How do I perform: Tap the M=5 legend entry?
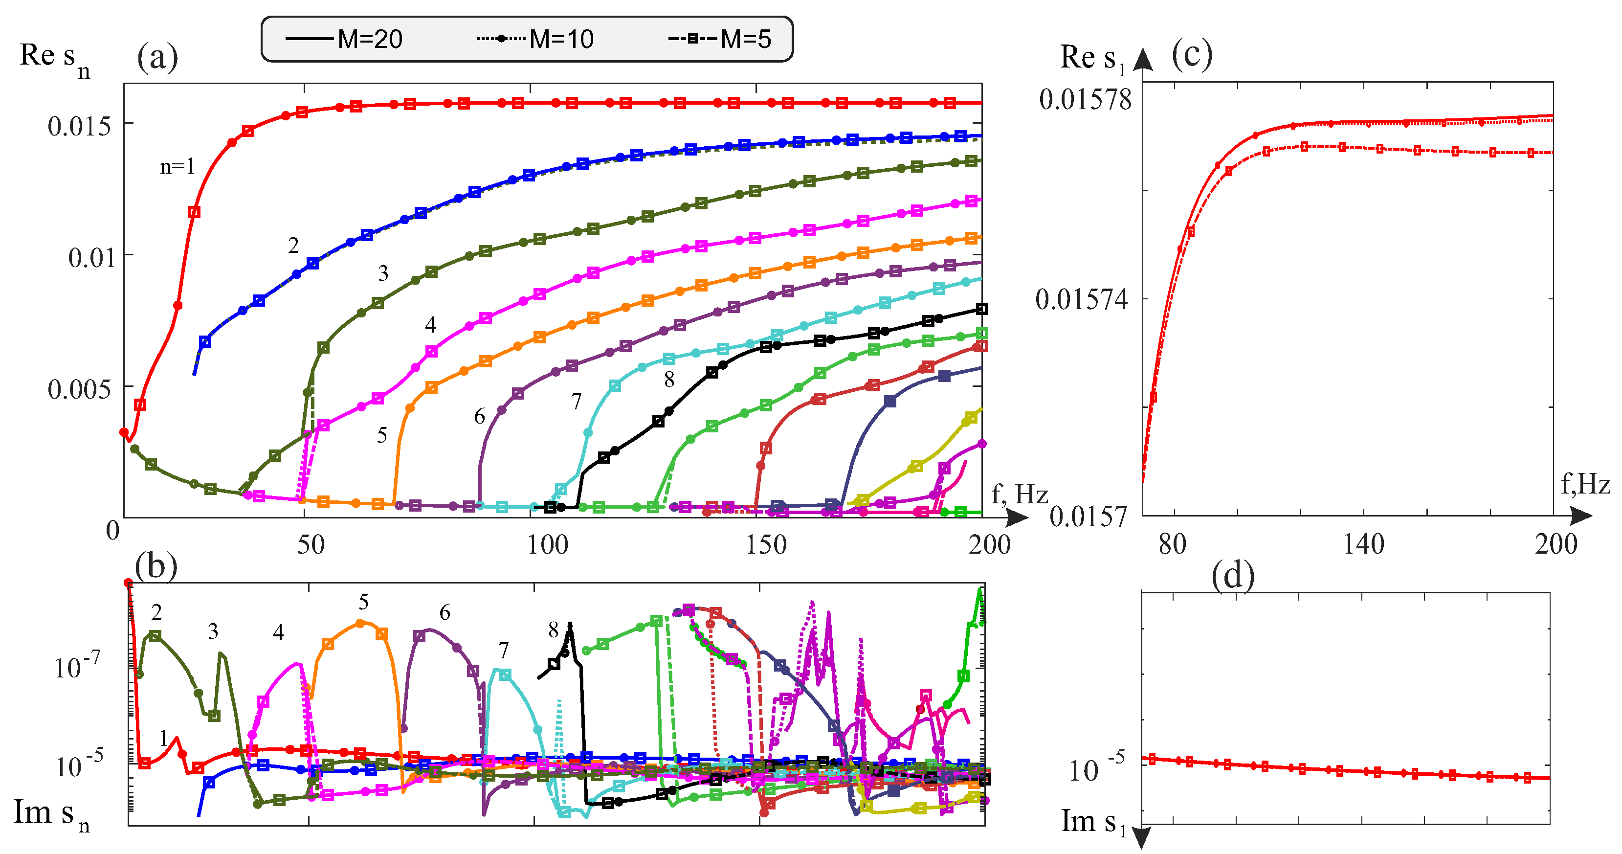pyautogui.click(x=720, y=40)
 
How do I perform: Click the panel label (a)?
pyautogui.click(x=157, y=57)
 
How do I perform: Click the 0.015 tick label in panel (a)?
pyautogui.click(x=79, y=127)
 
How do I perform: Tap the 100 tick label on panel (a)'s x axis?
pyautogui.click(x=547, y=545)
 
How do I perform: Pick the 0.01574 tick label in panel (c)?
pyautogui.click(x=1082, y=300)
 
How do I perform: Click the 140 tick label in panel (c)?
pyautogui.click(x=1363, y=545)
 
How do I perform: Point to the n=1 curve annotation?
pyautogui.click(x=177, y=167)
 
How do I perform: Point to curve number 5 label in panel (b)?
pyautogui.click(x=363, y=603)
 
